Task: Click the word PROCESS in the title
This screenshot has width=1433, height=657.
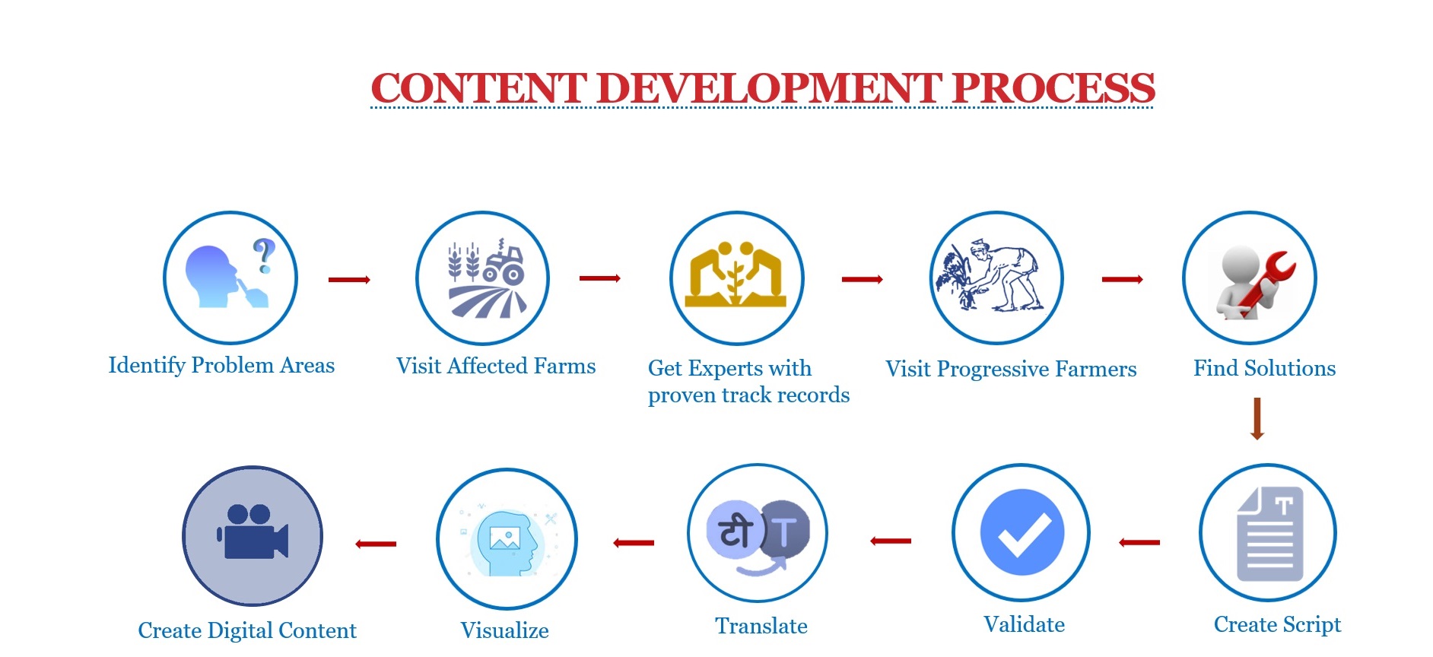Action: [1053, 88]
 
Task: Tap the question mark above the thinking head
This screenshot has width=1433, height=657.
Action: [263, 255]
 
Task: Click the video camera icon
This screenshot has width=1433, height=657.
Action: [253, 532]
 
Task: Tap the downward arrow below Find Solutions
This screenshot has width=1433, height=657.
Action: [1257, 418]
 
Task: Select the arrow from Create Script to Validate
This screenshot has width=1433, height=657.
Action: [1139, 542]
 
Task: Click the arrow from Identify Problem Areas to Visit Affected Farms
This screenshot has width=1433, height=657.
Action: [349, 280]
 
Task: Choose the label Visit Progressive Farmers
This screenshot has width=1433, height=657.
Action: [1011, 370]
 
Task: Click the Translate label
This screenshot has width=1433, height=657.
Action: [761, 626]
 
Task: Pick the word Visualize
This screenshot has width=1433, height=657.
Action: [504, 630]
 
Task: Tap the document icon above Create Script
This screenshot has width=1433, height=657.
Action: [1270, 534]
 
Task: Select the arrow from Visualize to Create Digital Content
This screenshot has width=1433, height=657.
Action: [376, 544]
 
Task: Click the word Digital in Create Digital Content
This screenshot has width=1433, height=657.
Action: [240, 631]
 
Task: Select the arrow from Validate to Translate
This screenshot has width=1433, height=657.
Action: [891, 541]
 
